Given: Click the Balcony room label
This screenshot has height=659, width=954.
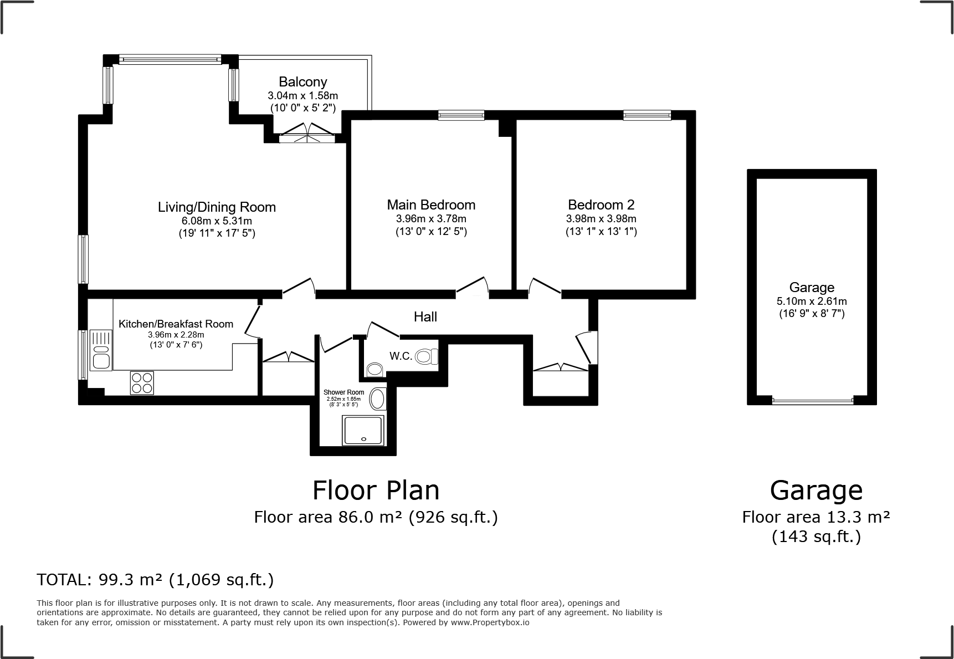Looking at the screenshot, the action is pyautogui.click(x=303, y=82).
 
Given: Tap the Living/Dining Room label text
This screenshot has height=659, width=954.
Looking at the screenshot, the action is pyautogui.click(x=217, y=207).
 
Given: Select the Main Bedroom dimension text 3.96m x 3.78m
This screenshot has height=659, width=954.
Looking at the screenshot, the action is pyautogui.click(x=431, y=219).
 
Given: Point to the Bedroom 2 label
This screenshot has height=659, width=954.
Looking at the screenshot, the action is pyautogui.click(x=601, y=205).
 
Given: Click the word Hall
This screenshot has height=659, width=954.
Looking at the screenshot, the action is pyautogui.click(x=425, y=316).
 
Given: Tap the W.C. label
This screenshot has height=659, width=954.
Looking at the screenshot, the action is pyautogui.click(x=401, y=356).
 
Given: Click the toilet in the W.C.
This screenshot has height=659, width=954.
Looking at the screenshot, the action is pyautogui.click(x=427, y=356).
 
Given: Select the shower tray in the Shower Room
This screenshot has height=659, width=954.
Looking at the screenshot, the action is pyautogui.click(x=363, y=431).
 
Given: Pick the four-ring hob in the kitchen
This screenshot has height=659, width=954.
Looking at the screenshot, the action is pyautogui.click(x=142, y=383).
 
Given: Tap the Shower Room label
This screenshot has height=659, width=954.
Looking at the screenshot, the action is pyautogui.click(x=344, y=392).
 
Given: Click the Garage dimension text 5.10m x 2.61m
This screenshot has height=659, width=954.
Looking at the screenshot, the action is pyautogui.click(x=812, y=302).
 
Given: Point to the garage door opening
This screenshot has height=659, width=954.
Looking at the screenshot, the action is pyautogui.click(x=812, y=400).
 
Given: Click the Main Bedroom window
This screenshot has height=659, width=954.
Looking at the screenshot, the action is pyautogui.click(x=461, y=115).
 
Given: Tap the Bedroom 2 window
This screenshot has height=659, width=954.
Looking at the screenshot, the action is pyautogui.click(x=647, y=115).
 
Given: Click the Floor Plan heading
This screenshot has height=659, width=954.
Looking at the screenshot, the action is pyautogui.click(x=376, y=491).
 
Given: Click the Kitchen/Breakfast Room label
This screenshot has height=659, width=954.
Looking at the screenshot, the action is pyautogui.click(x=176, y=324).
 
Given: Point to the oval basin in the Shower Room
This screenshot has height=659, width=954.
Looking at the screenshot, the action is pyautogui.click(x=378, y=399).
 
